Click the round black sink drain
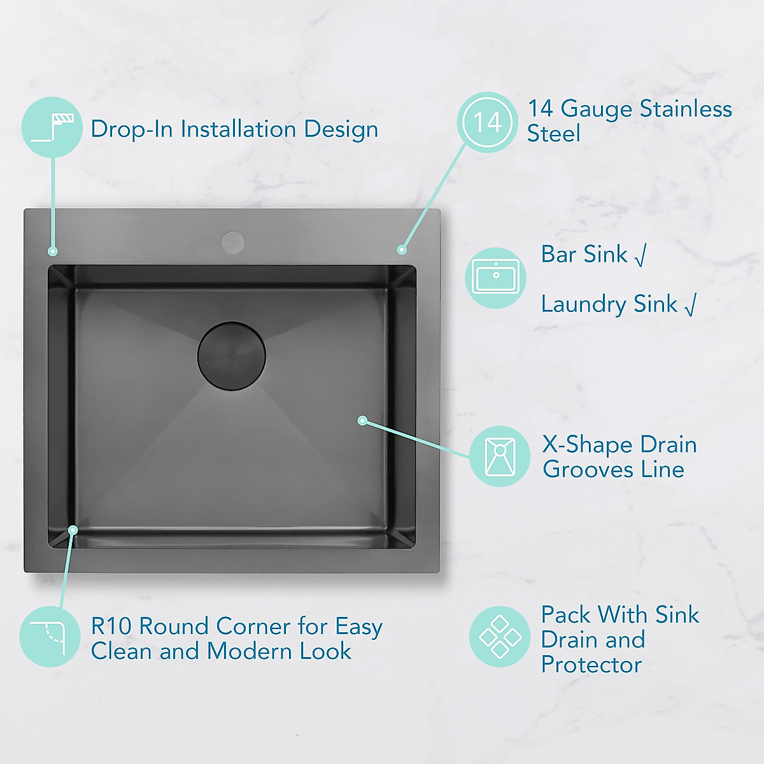click(x=231, y=355)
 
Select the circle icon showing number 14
click(x=487, y=122)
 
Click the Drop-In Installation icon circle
click(x=52, y=127)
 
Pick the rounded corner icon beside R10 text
click(x=50, y=636)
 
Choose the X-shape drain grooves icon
click(x=500, y=456)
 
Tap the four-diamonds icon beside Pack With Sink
click(x=500, y=636)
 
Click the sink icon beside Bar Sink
click(x=495, y=278)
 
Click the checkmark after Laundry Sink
click(x=690, y=305)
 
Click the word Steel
click(x=553, y=134)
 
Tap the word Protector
click(x=591, y=665)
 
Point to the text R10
click(x=111, y=626)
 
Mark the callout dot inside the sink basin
click(x=362, y=420)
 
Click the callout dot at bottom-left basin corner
click(x=73, y=530)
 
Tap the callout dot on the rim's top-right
click(x=402, y=250)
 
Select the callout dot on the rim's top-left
click(x=53, y=251)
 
